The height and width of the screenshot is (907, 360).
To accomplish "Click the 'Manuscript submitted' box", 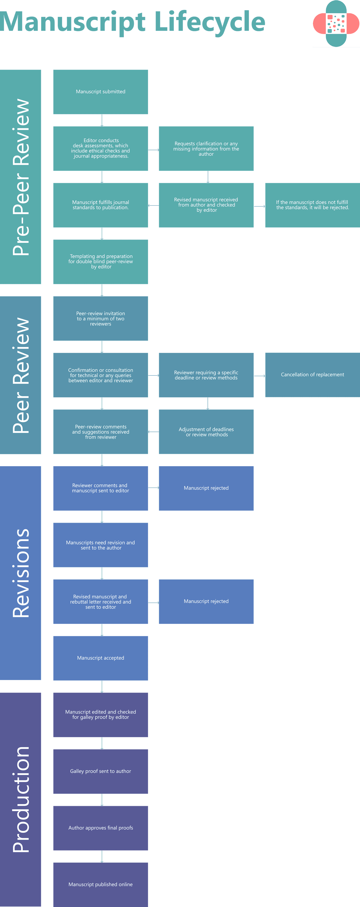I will point(100,92).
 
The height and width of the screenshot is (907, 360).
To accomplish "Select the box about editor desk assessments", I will point(100,149).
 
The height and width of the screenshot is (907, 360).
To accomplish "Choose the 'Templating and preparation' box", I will point(100,262).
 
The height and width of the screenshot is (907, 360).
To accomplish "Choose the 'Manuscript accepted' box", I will point(100,658).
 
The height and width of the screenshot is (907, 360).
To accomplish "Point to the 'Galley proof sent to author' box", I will point(100,771).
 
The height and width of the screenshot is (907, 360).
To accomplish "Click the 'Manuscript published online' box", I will point(100,884).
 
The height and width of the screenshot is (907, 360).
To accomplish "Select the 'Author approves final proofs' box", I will point(100,828).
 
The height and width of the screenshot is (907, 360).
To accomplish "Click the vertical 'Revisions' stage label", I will point(20,573).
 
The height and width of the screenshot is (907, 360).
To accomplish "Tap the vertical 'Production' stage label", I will point(20,799).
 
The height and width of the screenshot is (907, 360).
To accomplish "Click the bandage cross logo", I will point(336,24).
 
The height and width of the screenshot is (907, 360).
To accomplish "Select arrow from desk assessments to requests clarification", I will point(153,150).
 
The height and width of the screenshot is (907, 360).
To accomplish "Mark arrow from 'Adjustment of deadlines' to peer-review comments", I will point(153,432).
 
